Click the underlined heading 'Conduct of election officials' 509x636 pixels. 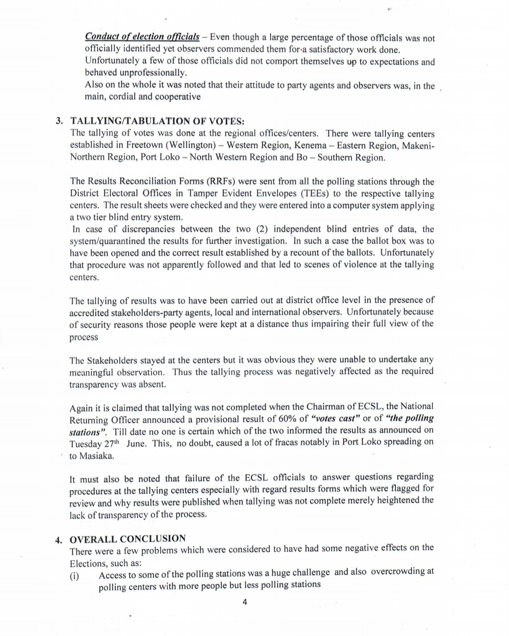pyautogui.click(x=142, y=37)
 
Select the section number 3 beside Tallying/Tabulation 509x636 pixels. pyautogui.click(x=59, y=121)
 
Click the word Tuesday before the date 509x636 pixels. pyautogui.click(x=85, y=444)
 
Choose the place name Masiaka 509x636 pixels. pyautogui.click(x=97, y=456)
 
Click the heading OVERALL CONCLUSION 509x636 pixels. pyautogui.click(x=128, y=538)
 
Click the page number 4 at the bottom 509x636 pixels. pyautogui.click(x=244, y=602)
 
